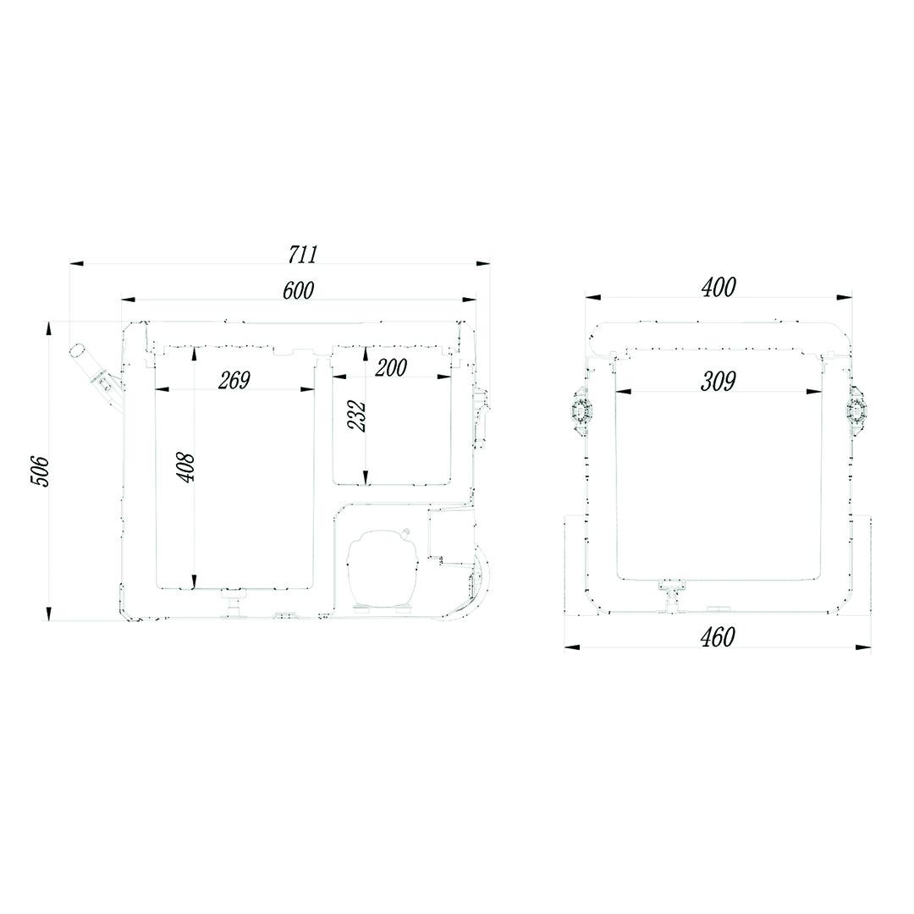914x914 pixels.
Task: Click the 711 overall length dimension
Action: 303,254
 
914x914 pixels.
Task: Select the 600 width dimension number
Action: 298,289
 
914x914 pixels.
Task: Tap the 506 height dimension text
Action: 41,470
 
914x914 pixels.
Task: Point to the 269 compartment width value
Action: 234,379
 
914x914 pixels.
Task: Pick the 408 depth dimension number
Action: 186,467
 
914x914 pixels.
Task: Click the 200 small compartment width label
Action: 390,367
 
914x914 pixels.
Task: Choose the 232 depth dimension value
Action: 356,416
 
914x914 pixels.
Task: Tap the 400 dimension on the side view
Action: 719,287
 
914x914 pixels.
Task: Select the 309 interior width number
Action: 719,381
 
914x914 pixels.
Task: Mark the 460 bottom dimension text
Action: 718,637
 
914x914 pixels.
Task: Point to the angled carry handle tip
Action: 77,351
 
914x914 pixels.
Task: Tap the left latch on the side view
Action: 582,411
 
